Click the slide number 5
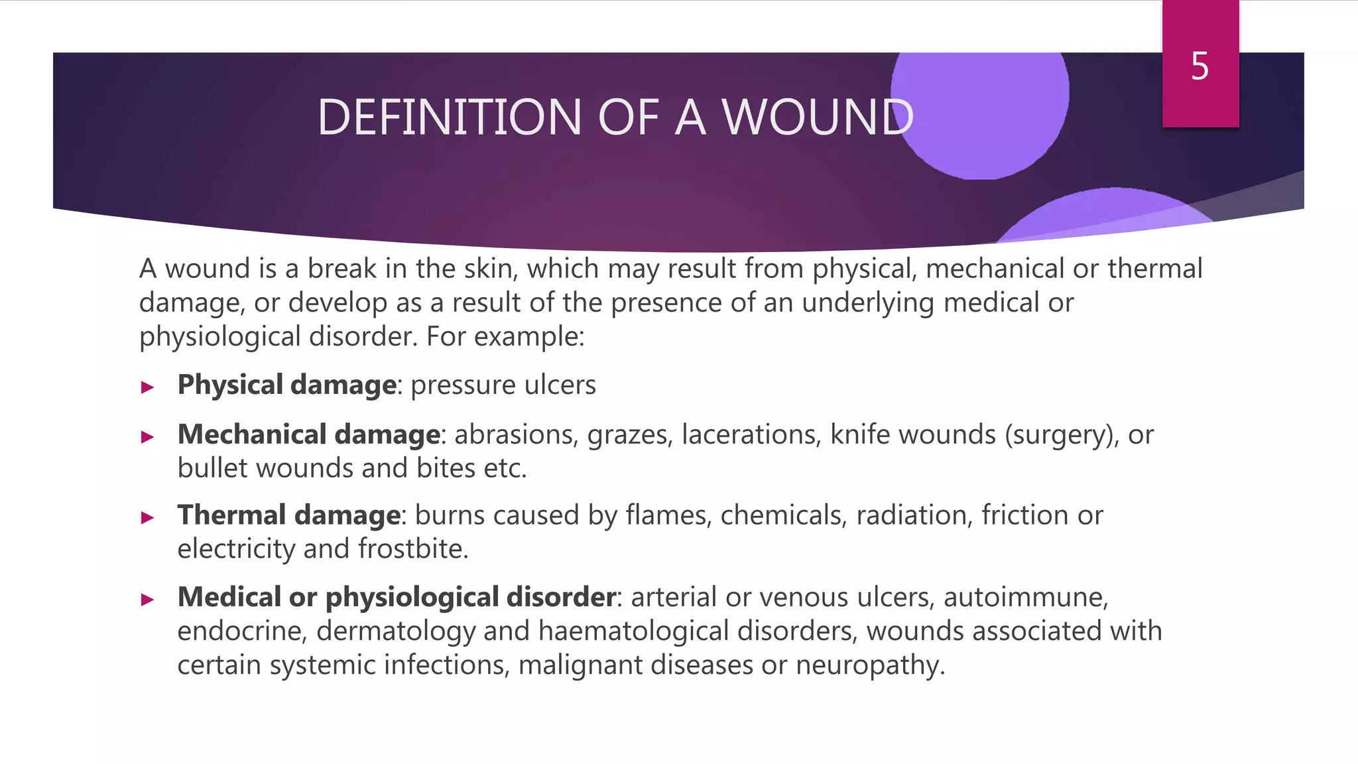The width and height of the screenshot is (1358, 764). [1200, 67]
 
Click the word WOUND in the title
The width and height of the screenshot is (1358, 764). [817, 118]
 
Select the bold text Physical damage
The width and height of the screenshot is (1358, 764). [286, 385]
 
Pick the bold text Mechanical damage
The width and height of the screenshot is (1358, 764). [308, 435]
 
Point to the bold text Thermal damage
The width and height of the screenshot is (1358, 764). [288, 515]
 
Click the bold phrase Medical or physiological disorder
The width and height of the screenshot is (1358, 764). [397, 598]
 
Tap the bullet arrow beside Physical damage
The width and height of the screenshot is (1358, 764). [147, 387]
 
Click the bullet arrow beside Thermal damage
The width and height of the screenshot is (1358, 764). [147, 517]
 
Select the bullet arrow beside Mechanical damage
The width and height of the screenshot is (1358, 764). [147, 437]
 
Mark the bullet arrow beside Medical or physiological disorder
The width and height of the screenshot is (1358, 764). [147, 600]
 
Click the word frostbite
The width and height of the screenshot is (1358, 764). [412, 549]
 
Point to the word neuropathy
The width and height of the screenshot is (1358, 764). [869, 665]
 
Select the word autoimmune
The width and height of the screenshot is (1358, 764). [1025, 598]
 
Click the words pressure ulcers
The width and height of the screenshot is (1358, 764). [503, 385]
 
